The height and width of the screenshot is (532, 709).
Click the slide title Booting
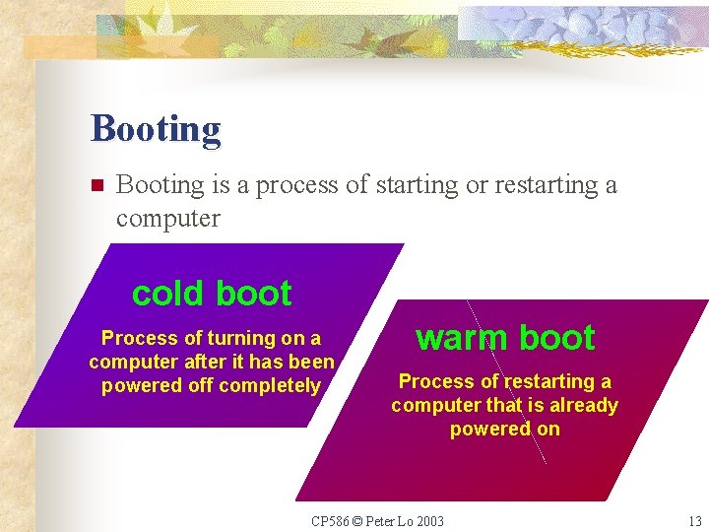tap(156, 129)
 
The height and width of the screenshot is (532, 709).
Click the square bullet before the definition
tap(97, 185)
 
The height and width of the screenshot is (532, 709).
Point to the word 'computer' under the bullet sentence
tap(167, 218)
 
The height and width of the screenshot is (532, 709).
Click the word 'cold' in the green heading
tap(167, 294)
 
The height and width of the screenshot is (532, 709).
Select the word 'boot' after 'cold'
tap(253, 294)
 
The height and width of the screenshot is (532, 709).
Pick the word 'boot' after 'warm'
tap(556, 338)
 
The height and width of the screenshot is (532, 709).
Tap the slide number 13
tap(694, 520)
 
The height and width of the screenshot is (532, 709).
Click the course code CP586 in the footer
tap(330, 520)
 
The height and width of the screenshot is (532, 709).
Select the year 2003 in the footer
tap(428, 520)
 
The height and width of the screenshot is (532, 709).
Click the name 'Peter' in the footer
tap(379, 520)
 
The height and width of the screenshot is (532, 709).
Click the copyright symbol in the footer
tap(356, 520)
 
